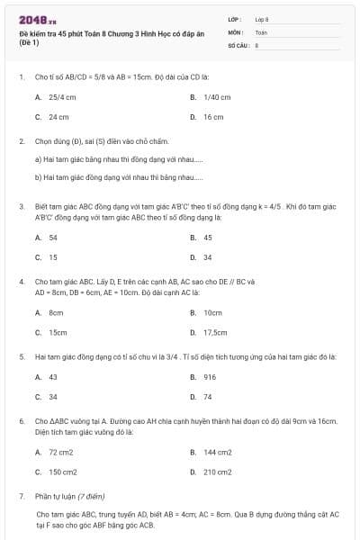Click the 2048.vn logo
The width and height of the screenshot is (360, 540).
pyautogui.click(x=38, y=20)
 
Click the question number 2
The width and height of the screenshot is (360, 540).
pyautogui.click(x=21, y=141)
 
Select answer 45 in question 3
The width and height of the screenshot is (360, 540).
pyautogui.click(x=207, y=238)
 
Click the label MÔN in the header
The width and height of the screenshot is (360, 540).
pyautogui.click(x=235, y=31)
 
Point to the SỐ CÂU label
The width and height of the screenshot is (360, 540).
pyautogui.click(x=238, y=44)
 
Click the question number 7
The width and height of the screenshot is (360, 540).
pyautogui.click(x=21, y=496)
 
